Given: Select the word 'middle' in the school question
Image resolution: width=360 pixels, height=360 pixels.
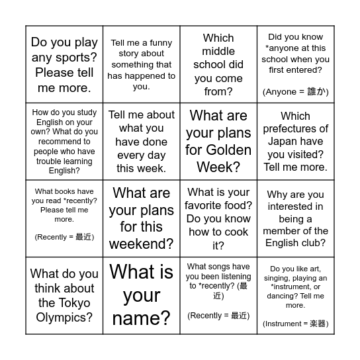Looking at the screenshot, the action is (x=218, y=52).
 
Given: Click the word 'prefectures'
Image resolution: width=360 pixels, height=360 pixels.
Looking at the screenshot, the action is (x=295, y=129).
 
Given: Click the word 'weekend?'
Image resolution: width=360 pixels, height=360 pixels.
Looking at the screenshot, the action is (x=141, y=244).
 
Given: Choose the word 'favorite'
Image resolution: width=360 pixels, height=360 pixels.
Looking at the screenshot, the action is (x=206, y=206).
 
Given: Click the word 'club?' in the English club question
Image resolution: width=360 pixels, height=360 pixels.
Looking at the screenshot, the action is (x=313, y=243).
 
